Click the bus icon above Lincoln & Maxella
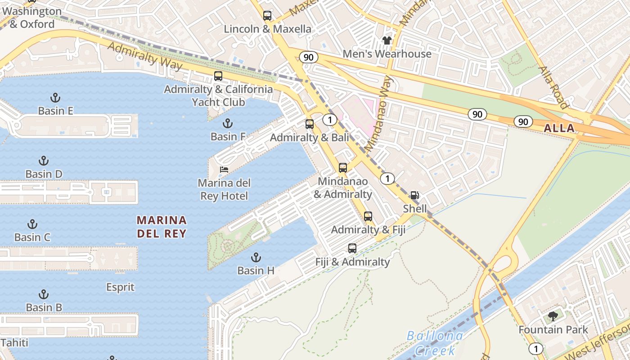(x=267, y=16)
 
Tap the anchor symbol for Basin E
(x=55, y=98)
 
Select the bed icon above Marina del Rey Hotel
(x=224, y=170)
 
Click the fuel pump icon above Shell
(x=414, y=195)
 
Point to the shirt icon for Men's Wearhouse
(x=387, y=40)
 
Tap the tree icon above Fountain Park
(x=553, y=316)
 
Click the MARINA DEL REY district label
(x=162, y=227)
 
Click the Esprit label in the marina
(x=120, y=287)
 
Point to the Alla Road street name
(x=553, y=87)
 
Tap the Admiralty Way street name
(x=145, y=56)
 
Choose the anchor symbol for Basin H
(x=256, y=257)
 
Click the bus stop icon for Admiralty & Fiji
(x=368, y=216)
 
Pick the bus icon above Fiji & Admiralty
(x=352, y=248)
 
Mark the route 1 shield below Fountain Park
(x=535, y=348)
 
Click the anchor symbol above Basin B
(x=44, y=294)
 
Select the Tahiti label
(x=14, y=342)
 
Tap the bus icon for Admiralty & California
(x=218, y=76)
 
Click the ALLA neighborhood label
(x=559, y=128)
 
